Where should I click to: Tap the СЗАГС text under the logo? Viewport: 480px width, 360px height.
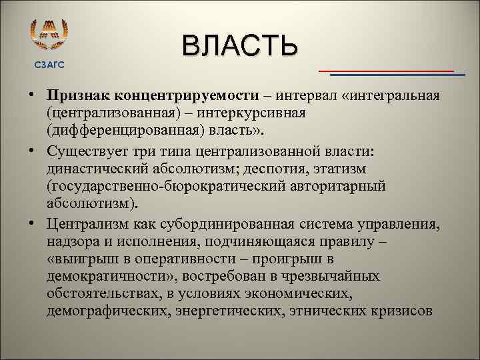tap(49, 64)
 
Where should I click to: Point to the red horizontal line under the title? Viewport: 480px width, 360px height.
tap(386, 70)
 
